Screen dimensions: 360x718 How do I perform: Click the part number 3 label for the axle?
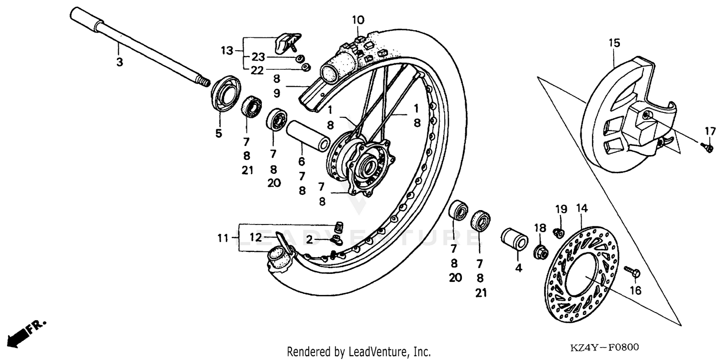119,62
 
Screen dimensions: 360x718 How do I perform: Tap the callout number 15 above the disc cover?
614,43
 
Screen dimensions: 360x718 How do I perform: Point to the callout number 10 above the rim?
358,20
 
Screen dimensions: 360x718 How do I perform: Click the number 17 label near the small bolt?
709,131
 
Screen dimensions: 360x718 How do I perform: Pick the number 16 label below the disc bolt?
635,290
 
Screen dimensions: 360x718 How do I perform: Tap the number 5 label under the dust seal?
219,134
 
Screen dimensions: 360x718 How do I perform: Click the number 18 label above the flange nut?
540,228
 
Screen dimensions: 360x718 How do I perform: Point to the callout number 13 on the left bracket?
226,50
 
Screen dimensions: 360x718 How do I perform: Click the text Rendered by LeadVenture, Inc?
359,352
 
